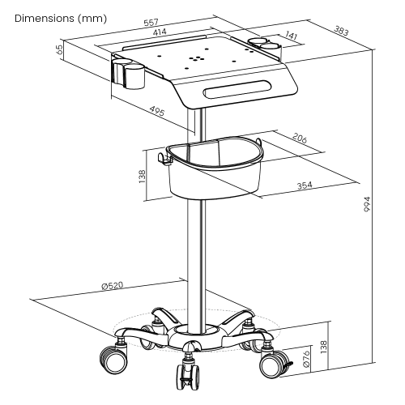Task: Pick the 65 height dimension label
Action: [x=61, y=49]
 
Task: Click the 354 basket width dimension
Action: [x=305, y=186]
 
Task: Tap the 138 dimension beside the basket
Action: [x=143, y=175]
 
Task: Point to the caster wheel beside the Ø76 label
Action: [x=273, y=365]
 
